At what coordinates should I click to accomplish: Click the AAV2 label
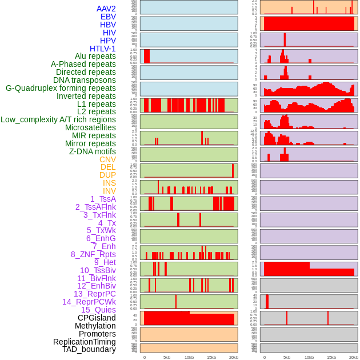[x=106, y=9]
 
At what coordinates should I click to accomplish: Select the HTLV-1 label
[x=102, y=49]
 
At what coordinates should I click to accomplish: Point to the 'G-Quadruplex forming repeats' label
[x=61, y=88]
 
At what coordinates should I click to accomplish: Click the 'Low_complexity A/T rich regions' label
[x=58, y=119]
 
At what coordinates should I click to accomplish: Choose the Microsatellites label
[x=90, y=127]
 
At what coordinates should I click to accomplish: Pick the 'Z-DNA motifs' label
[x=92, y=151]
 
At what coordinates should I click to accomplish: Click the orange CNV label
[x=107, y=159]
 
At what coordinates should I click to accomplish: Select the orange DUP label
[x=107, y=175]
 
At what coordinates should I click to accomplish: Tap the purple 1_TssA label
[x=103, y=199]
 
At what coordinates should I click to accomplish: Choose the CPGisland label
[x=97, y=318]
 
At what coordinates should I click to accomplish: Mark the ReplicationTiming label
[x=84, y=342]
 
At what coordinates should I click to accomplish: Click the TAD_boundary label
[x=89, y=349]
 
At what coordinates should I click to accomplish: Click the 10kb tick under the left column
[x=189, y=357]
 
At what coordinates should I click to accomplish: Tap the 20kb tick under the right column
[x=354, y=357]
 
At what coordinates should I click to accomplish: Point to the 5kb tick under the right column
[x=286, y=357]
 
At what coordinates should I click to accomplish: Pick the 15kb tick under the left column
[x=211, y=357]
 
